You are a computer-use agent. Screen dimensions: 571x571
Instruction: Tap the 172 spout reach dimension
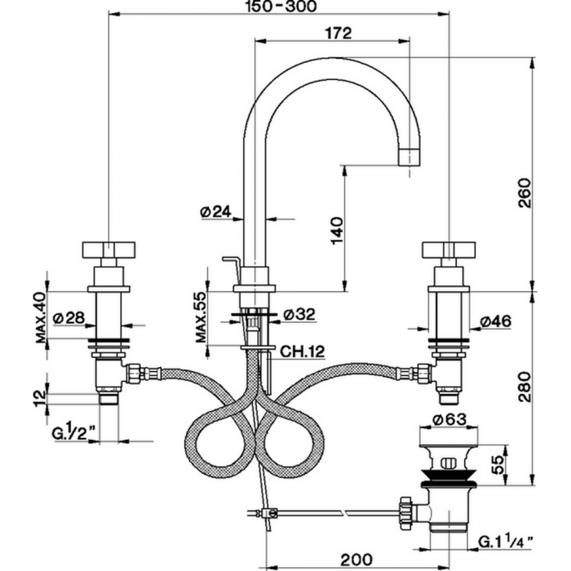coord(339,33)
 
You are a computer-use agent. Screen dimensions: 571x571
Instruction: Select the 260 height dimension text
coord(525,193)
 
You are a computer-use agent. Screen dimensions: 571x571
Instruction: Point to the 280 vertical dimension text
coord(525,387)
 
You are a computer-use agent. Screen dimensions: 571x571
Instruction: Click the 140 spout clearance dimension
coord(337,231)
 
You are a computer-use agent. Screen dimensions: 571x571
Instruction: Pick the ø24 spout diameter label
coord(216,211)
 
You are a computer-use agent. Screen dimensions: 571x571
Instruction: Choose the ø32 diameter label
coord(299,314)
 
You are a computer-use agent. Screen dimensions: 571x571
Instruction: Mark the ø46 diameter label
coord(495,321)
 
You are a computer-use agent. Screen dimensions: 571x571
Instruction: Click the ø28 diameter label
coord(69,318)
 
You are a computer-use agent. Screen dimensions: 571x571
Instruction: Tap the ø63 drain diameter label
coord(449,419)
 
